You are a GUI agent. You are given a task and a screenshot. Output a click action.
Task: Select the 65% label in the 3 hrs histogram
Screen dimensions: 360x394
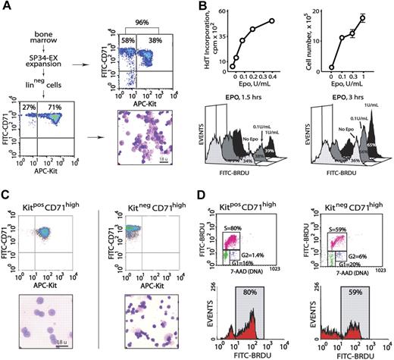tap(372, 142)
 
